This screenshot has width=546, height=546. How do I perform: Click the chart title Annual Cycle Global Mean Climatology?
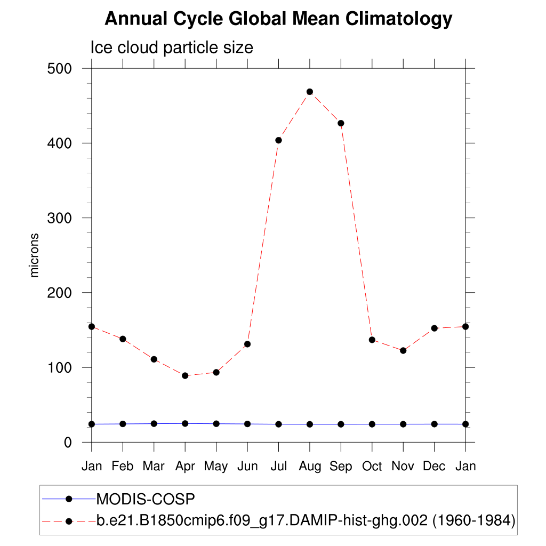point(278,19)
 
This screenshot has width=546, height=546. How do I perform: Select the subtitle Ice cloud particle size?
point(171,47)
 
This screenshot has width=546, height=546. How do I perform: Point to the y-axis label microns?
point(35,255)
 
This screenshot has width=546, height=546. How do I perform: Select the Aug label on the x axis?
point(310,467)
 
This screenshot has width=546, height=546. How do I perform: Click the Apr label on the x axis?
point(185,467)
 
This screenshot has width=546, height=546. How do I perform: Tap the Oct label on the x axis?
point(372,467)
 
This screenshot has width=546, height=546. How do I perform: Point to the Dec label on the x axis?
point(434,467)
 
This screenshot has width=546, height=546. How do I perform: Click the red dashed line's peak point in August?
point(310,92)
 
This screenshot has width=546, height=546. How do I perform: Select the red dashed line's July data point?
point(278,140)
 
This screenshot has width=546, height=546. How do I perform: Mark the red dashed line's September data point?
point(341,123)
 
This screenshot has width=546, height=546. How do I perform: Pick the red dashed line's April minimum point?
point(185,375)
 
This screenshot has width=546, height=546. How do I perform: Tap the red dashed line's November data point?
point(403,350)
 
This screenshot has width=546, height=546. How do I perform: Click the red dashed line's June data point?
point(247,344)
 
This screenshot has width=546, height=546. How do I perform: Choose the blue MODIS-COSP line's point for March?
point(154,423)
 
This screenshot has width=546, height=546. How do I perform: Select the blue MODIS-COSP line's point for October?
point(372,424)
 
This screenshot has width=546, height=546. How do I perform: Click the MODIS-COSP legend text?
point(146,500)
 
